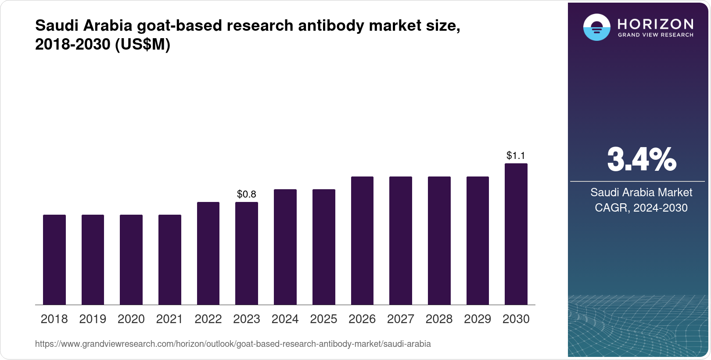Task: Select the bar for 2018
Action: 54,259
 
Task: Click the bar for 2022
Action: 208,253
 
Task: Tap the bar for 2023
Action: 247,253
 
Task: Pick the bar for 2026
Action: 362,241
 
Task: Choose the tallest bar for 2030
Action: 516,234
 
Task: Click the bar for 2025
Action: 323,247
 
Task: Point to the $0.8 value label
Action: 247,194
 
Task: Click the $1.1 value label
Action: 516,155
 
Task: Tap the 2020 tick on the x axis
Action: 131,319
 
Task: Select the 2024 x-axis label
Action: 285,319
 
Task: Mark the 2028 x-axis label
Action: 439,319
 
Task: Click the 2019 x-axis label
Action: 93,319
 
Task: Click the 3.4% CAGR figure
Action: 641,160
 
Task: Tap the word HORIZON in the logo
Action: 655,24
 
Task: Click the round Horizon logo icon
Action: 596,27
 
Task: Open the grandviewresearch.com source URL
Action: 233,344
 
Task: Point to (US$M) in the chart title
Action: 142,44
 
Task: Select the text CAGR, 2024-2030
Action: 641,208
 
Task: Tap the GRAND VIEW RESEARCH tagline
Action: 655,35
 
